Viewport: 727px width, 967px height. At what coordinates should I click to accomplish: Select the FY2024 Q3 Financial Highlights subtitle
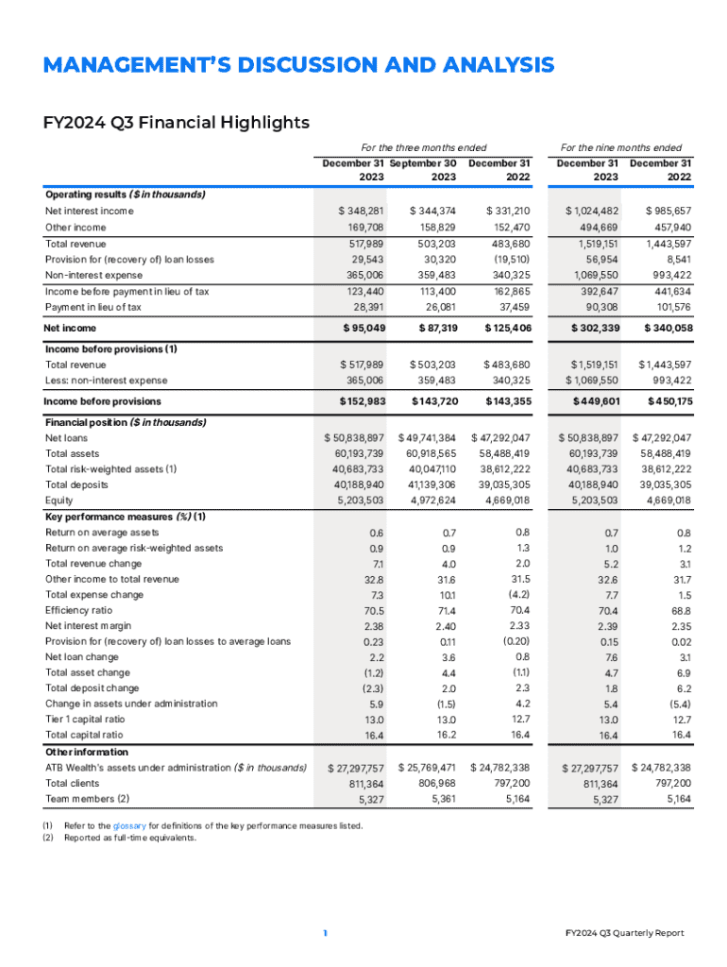click(178, 122)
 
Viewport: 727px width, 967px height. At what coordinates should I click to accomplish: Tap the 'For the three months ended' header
click(424, 147)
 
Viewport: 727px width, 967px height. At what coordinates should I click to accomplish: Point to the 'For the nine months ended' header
click(621, 147)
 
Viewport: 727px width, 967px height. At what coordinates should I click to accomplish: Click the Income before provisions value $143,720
click(432, 400)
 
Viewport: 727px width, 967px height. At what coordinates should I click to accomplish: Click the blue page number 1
click(325, 933)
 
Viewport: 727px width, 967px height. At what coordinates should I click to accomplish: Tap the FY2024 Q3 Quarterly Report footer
click(625, 933)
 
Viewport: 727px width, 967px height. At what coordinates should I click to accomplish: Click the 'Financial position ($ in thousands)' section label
click(125, 421)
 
